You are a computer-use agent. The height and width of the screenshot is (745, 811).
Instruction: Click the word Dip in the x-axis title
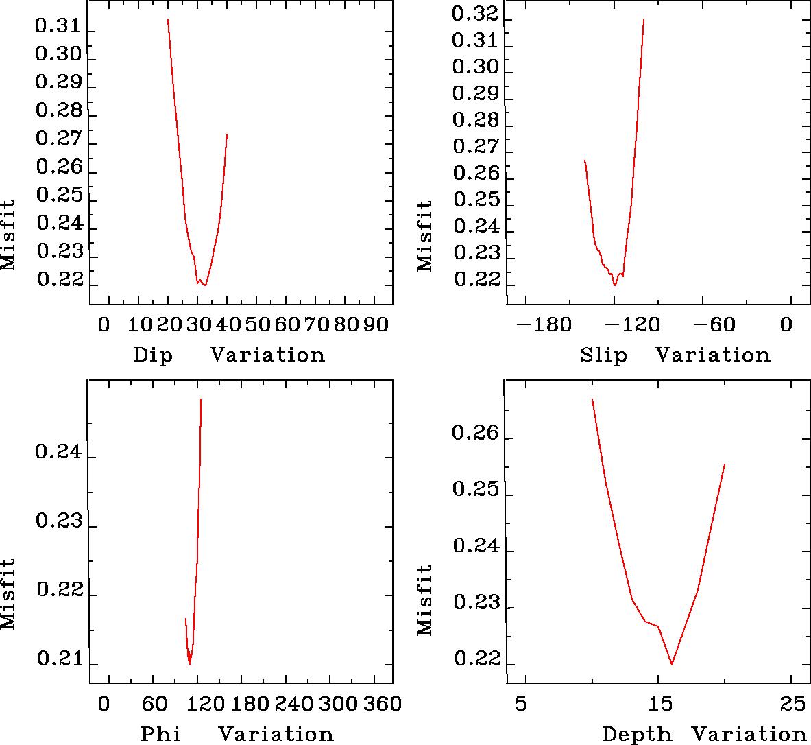click(153, 355)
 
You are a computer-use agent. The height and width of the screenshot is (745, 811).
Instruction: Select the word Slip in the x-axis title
click(603, 355)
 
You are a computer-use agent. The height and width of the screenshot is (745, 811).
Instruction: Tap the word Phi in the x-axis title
click(160, 734)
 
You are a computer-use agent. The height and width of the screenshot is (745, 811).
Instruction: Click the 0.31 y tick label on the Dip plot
click(58, 27)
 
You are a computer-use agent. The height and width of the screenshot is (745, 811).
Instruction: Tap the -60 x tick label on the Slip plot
click(719, 324)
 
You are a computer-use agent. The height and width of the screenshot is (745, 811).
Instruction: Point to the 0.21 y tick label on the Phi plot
click(58, 659)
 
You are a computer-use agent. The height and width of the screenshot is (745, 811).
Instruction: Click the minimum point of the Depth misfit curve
click(672, 664)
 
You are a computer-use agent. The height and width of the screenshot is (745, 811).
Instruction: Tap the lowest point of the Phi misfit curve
click(190, 664)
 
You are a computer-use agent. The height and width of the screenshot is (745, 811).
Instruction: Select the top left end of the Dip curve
click(167, 20)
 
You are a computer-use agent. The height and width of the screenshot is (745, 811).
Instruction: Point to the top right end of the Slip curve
click(644, 19)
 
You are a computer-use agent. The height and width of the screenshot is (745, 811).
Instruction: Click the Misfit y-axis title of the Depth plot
click(425, 599)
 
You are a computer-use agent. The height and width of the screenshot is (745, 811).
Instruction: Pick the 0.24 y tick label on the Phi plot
click(58, 453)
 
